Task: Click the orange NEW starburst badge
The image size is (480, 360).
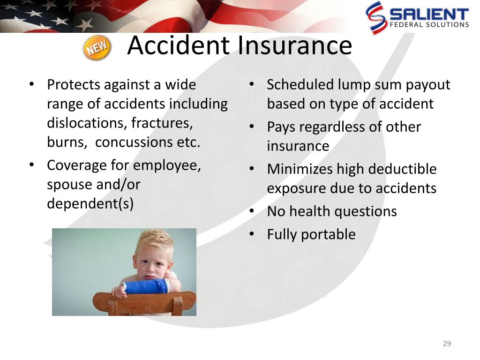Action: click(97, 47)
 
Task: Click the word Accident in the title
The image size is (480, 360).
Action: click(179, 45)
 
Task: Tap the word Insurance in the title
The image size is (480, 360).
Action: click(294, 45)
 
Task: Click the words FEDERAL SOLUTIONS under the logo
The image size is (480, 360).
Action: click(429, 25)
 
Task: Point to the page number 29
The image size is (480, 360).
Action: click(447, 344)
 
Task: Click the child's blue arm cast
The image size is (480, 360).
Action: click(146, 286)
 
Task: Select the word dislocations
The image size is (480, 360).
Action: click(87, 123)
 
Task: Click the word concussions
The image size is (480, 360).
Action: click(134, 142)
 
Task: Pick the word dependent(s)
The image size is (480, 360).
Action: click(90, 203)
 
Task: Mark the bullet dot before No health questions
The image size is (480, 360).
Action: click(252, 211)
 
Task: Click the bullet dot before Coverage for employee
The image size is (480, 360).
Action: click(32, 165)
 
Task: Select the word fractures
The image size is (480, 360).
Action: click(162, 123)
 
